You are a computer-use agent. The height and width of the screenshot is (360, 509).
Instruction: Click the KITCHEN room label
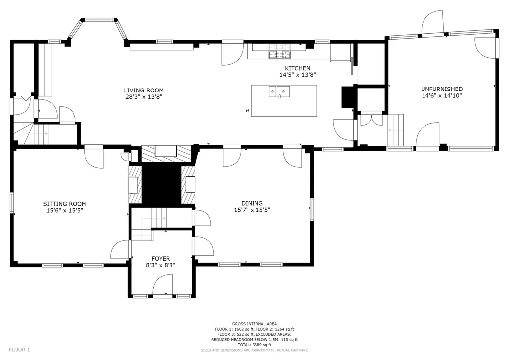click(297, 68)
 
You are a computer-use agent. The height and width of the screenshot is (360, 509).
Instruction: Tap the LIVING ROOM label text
click(144, 90)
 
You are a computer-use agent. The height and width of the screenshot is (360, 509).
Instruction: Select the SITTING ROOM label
click(65, 204)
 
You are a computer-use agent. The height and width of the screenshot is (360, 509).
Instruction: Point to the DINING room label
click(252, 203)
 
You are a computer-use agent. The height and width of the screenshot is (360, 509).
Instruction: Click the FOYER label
click(161, 259)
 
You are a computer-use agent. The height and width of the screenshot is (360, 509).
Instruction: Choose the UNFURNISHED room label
click(442, 89)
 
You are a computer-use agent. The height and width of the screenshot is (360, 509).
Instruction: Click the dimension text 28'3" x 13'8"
click(144, 97)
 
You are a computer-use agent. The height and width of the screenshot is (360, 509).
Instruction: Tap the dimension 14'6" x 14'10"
click(442, 96)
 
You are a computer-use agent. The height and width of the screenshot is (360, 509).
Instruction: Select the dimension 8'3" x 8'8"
click(161, 265)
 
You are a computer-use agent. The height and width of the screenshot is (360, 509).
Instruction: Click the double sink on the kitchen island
click(279, 92)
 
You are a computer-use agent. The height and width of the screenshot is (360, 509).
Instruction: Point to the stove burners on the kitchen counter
click(279, 55)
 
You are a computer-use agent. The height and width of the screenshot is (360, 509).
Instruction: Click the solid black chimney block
click(162, 184)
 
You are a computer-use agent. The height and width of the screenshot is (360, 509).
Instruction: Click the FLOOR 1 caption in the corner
click(19, 350)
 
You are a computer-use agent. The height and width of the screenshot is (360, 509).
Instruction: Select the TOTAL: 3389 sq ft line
click(254, 345)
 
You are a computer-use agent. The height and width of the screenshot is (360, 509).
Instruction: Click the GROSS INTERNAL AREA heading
click(254, 324)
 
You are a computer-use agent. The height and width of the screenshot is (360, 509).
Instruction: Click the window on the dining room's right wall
click(312, 210)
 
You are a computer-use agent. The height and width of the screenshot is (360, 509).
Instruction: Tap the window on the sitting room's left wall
click(12, 203)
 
